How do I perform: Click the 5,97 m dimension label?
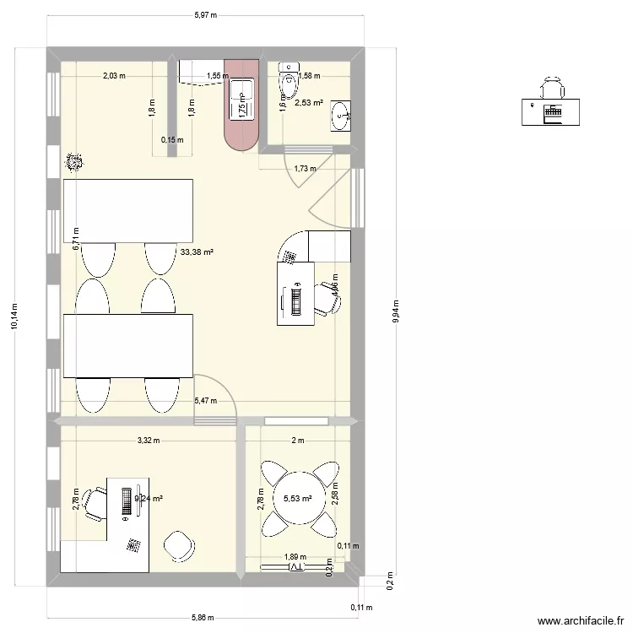coord(205,14)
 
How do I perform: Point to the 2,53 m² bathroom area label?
coord(308,104)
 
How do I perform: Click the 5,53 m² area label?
coord(297,499)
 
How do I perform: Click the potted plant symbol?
coord(74,162)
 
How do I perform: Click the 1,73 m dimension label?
coord(306,168)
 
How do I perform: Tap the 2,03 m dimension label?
coord(114,76)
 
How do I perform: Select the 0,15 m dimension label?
coord(172,140)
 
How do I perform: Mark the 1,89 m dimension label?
coord(295,557)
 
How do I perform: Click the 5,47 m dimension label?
coord(205,401)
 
